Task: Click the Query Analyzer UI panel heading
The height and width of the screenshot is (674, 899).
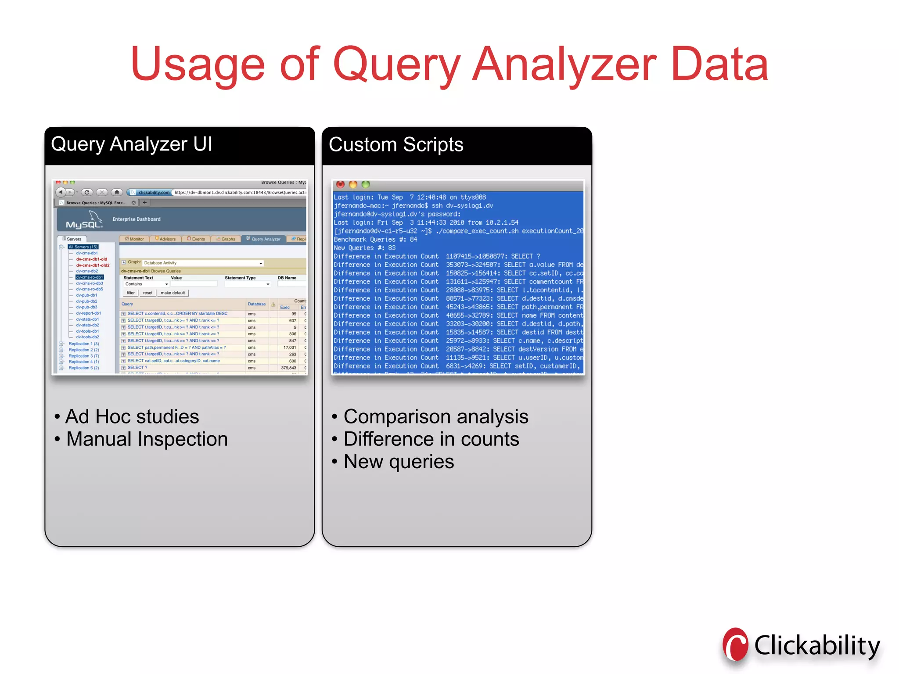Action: (x=131, y=144)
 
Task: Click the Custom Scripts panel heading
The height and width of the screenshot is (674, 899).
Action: (x=396, y=145)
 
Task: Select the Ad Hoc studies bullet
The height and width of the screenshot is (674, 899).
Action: (x=132, y=416)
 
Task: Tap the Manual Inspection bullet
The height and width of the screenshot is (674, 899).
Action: (x=147, y=439)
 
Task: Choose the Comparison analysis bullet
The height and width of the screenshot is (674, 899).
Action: (x=435, y=416)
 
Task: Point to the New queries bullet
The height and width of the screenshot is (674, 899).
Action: (x=398, y=462)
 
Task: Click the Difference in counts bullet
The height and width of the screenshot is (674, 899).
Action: (x=431, y=439)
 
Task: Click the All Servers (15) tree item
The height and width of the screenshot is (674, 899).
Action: (x=83, y=247)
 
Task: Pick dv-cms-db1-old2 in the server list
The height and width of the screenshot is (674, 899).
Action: (x=93, y=265)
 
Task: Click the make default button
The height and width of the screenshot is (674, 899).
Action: (x=173, y=293)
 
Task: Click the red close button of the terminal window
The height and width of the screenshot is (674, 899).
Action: (x=340, y=184)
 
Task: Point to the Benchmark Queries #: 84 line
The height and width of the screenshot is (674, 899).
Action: (x=375, y=240)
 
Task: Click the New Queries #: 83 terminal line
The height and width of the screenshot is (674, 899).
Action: (x=364, y=248)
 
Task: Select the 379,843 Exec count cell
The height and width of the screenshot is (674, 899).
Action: (x=288, y=368)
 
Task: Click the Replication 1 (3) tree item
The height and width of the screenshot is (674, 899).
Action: (x=83, y=344)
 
